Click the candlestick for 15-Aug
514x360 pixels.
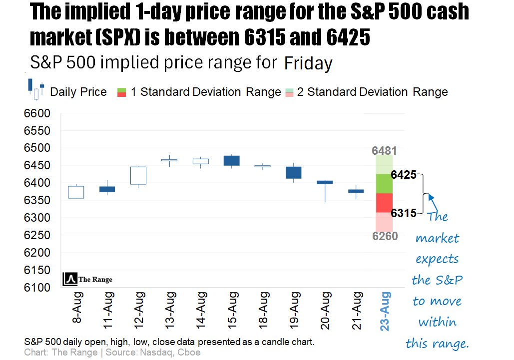point(231,160)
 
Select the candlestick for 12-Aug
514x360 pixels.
point(138,175)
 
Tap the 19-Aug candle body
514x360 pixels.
point(293,172)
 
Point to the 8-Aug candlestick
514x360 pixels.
point(76,192)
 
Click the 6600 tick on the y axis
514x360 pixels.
point(37,113)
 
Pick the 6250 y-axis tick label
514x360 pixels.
point(37,235)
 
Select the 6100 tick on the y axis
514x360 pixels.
point(37,288)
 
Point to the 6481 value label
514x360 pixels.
point(385,150)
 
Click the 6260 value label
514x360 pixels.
point(385,236)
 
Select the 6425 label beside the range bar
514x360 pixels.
point(404,175)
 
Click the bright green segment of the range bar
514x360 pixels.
point(384,183)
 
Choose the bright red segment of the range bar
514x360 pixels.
point(384,203)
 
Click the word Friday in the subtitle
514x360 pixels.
point(308,64)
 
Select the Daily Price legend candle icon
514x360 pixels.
point(36,89)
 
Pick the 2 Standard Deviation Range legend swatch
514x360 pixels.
point(290,92)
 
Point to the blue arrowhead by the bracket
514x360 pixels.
point(431,197)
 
